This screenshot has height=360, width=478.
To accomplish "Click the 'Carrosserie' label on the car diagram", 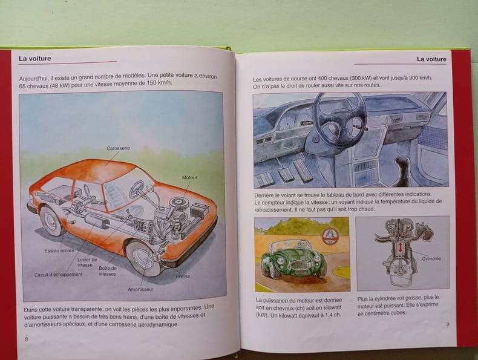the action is pos(118,148).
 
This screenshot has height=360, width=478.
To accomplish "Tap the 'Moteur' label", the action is pos(189,177).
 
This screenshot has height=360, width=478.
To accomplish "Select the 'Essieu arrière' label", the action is pos(59,251).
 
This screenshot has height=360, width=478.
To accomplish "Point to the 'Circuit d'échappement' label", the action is pos(58,275).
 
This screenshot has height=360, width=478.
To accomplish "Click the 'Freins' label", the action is pos(183,277).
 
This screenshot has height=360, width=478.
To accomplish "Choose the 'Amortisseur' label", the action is pos(140,289).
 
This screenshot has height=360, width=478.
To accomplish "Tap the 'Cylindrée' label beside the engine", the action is pos(431,259).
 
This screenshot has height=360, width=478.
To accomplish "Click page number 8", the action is pos(26,339).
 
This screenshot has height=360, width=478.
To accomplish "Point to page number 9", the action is pos(448,324).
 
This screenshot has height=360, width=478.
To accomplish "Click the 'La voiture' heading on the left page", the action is pos(34,58).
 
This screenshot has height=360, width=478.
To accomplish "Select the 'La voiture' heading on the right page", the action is pos(431,59).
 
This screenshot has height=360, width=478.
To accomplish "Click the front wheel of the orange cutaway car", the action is pos(143,258).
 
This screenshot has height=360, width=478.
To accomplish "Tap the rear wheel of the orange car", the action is pos(51,220).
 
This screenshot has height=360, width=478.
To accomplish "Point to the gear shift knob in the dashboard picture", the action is pos(402,162).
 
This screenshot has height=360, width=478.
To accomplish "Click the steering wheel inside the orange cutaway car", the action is pos(137,189).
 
